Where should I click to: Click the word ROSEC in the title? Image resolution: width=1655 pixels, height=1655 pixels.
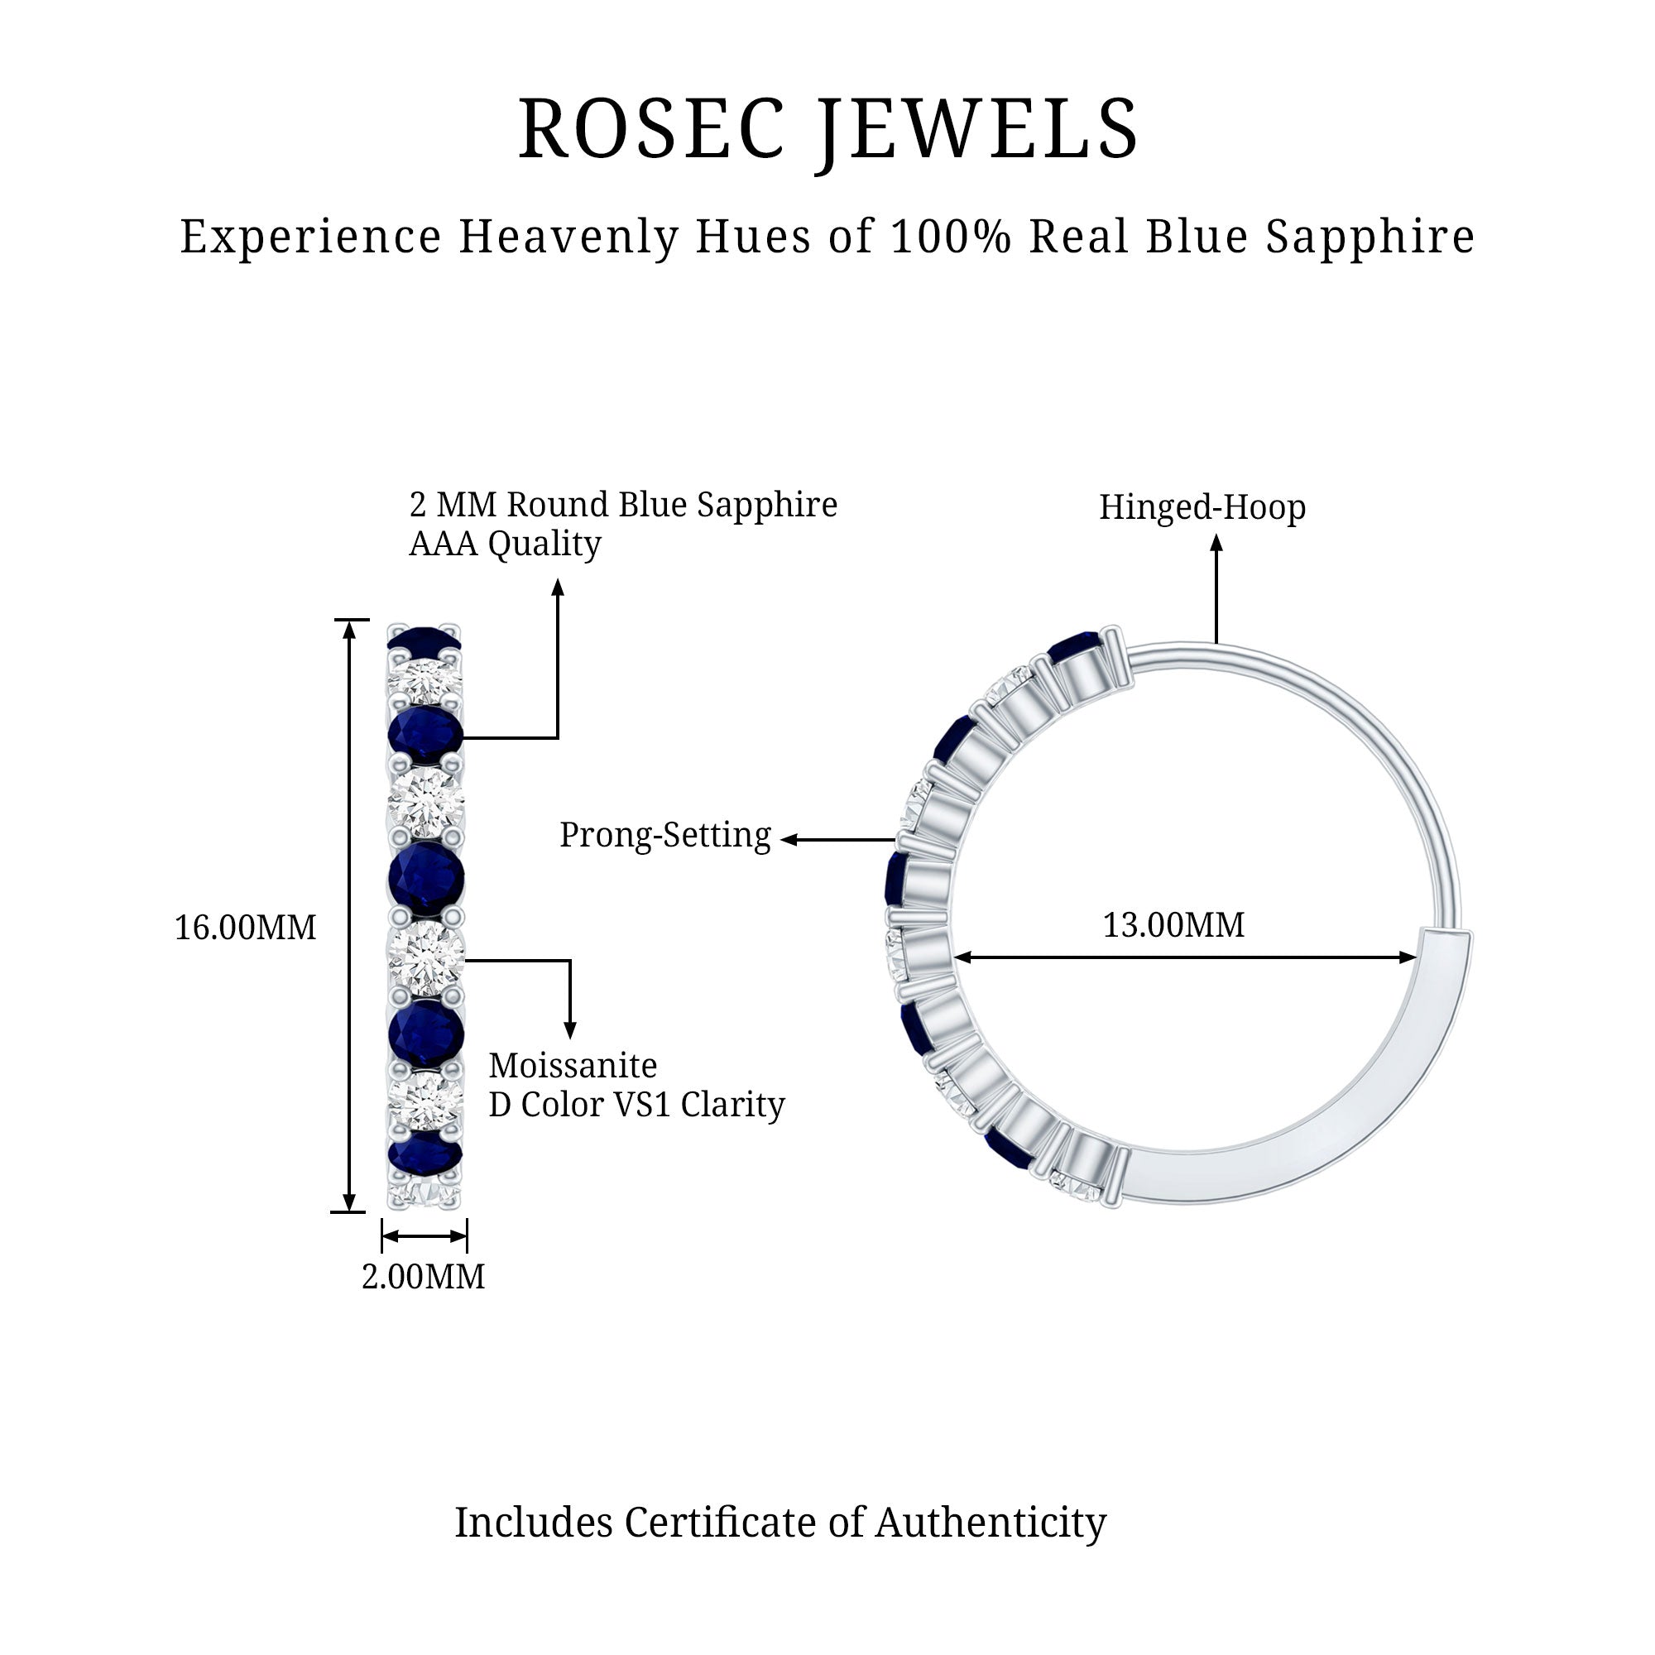[651, 129]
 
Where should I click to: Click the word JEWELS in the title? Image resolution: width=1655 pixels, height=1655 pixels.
[978, 129]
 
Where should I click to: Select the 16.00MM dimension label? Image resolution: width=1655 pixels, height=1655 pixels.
[245, 928]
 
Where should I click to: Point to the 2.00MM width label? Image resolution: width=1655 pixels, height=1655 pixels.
[423, 1276]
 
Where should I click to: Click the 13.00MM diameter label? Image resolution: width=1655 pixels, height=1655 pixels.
[1173, 925]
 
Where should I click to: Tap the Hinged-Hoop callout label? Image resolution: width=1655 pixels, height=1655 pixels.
[1202, 507]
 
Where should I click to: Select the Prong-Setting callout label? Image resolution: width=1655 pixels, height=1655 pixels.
[664, 835]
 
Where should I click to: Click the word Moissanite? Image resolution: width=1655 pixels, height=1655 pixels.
[573, 1066]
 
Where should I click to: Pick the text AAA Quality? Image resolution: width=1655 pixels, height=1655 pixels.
[505, 543]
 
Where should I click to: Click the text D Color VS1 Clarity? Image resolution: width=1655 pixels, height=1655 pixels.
[636, 1104]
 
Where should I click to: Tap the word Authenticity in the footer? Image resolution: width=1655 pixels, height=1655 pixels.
[991, 1523]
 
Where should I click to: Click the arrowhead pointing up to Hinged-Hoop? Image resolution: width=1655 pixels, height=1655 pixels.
[1216, 543]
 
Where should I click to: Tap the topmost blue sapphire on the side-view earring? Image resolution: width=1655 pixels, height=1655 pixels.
[424, 639]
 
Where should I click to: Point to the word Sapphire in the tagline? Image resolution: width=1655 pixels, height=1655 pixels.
[1370, 237]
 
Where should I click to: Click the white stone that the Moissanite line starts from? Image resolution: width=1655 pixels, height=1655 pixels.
[425, 957]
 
